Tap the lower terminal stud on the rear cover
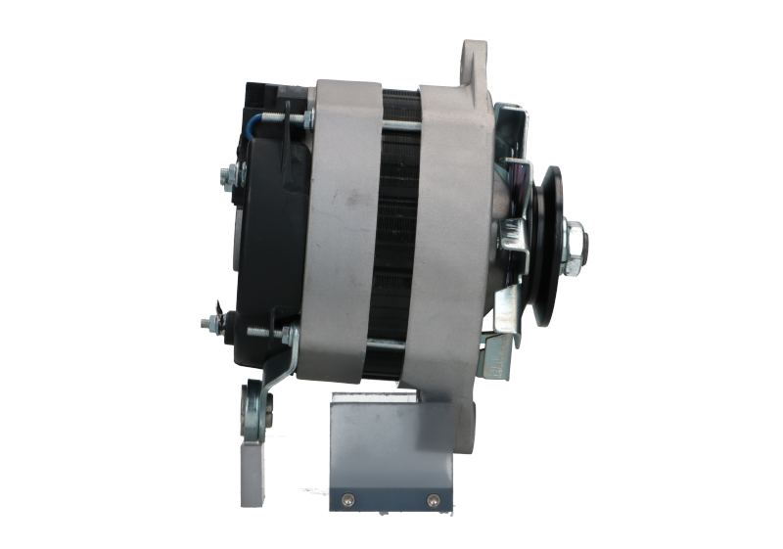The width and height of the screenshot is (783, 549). (x=207, y=322)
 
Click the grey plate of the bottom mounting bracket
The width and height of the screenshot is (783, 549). (x=391, y=450)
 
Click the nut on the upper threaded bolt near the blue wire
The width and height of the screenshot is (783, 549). (x=306, y=121)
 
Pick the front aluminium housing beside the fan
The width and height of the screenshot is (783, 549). (x=455, y=235)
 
